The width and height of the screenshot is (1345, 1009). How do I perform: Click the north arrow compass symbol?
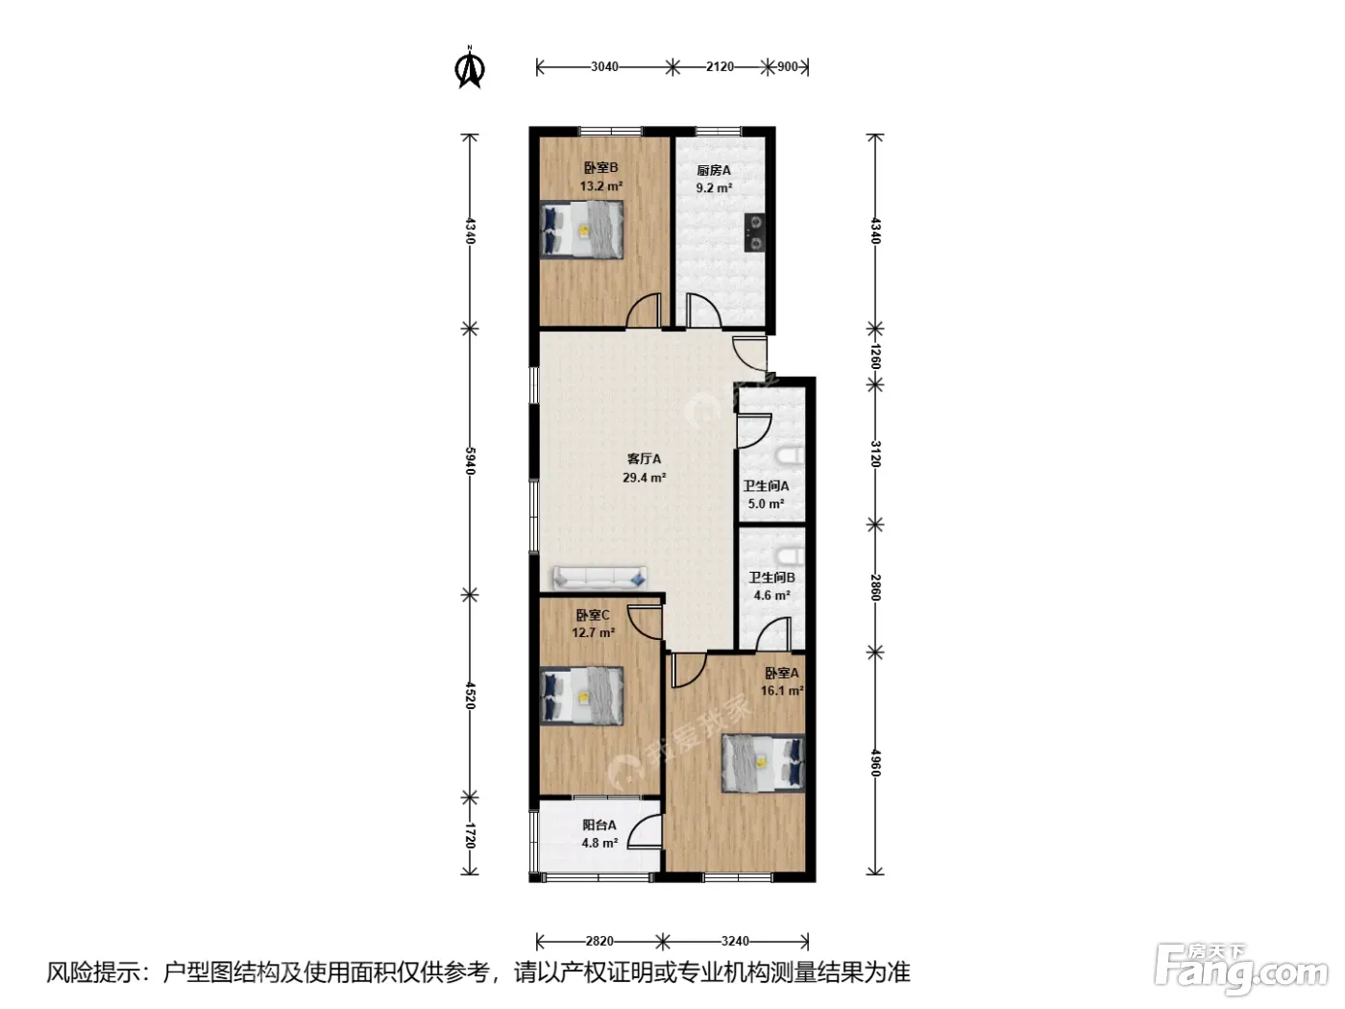(470, 67)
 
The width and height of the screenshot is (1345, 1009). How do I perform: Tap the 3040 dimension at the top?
(604, 66)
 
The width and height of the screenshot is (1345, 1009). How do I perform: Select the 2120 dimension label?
(720, 66)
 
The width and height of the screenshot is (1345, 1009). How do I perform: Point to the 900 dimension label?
(788, 66)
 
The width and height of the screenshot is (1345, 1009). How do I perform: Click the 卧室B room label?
(600, 167)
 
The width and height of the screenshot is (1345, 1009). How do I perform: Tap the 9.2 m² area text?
(714, 188)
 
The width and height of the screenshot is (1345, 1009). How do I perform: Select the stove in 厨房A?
(755, 233)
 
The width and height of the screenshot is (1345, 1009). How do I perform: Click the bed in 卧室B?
(581, 231)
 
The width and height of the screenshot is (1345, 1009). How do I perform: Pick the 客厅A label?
(644, 459)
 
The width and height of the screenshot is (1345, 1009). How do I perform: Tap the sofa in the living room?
(599, 578)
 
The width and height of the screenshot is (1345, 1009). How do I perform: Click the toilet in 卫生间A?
(791, 457)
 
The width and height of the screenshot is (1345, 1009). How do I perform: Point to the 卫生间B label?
(771, 578)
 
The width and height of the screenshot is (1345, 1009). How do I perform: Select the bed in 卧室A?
(764, 763)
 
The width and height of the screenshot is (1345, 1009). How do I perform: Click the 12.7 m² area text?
(593, 632)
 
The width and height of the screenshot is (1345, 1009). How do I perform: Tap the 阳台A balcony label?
(599, 825)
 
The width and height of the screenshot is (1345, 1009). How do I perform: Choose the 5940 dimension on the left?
(470, 460)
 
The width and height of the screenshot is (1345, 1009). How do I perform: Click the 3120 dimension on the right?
(875, 454)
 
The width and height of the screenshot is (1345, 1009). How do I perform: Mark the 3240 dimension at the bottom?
(735, 941)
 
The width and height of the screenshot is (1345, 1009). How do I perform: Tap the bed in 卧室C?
(581, 696)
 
